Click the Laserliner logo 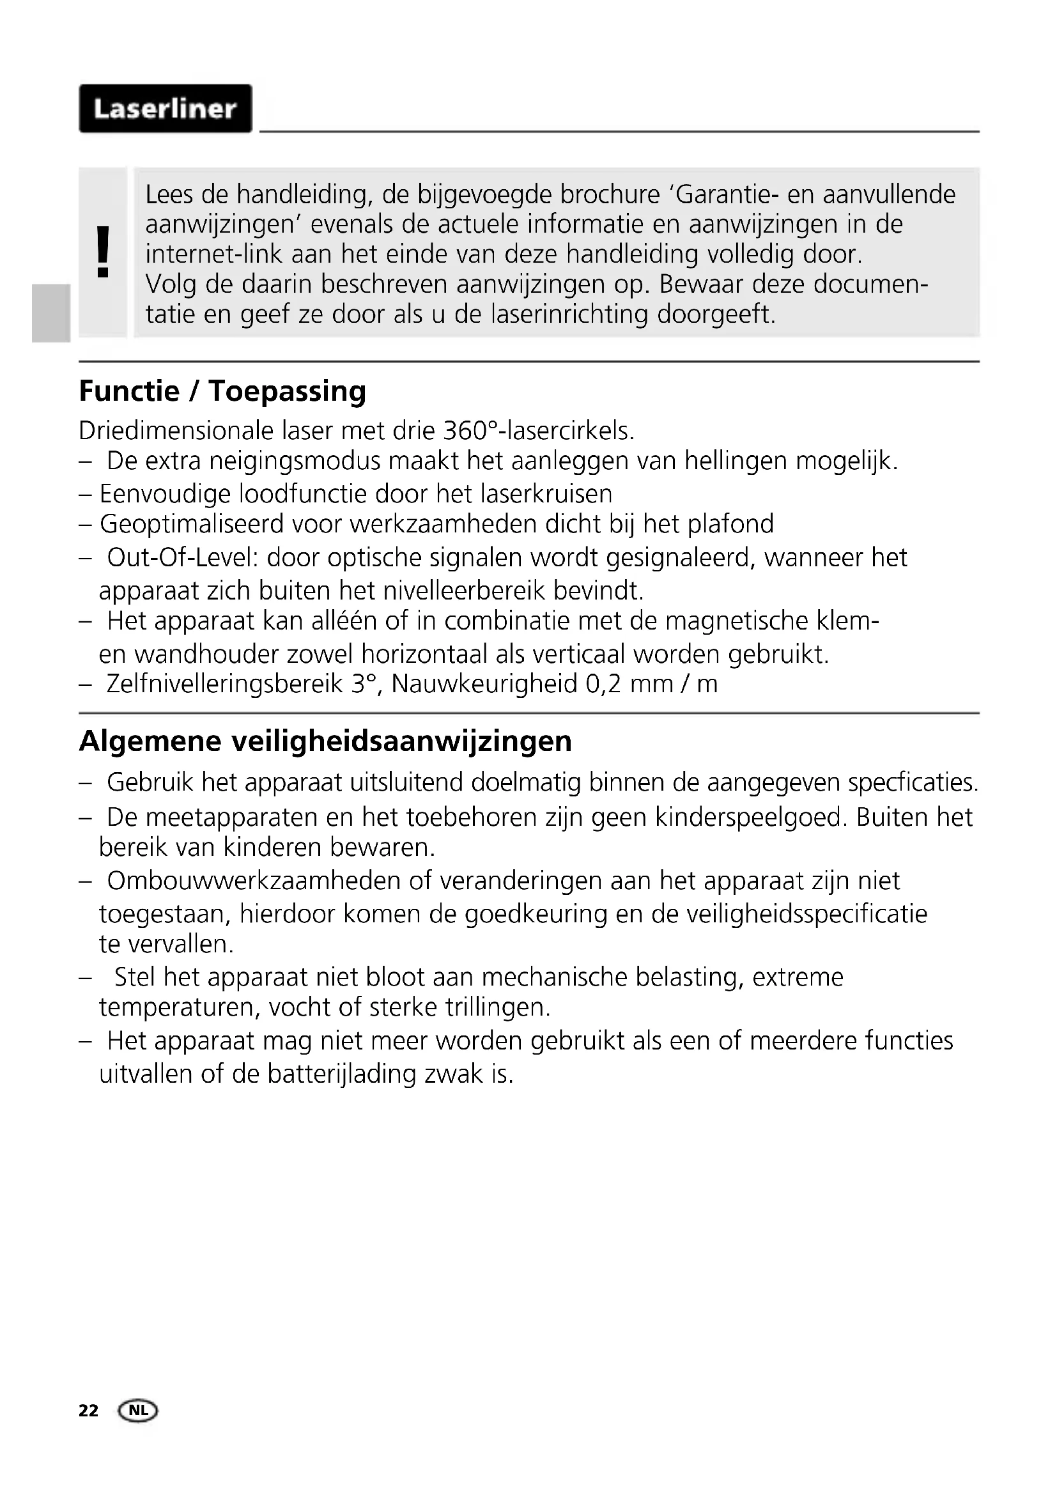(166, 109)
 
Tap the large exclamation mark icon (102, 252)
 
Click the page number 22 (89, 1411)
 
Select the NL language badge (137, 1411)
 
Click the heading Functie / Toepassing (222, 391)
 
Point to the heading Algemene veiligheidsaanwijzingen (325, 741)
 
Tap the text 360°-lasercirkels (537, 430)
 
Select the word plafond (731, 524)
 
